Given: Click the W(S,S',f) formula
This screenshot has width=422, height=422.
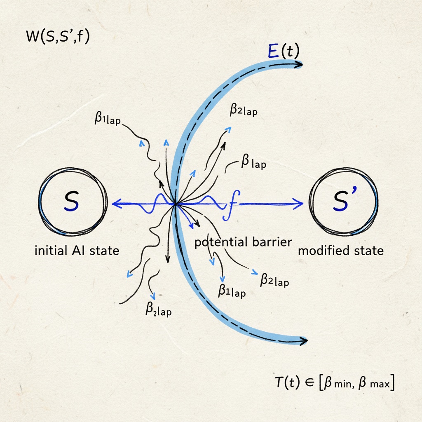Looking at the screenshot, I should click(x=58, y=37).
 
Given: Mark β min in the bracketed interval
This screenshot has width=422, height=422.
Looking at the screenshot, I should click(x=337, y=384).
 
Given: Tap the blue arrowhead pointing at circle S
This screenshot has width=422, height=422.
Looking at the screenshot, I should click(x=116, y=203).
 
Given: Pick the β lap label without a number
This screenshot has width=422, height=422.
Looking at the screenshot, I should click(x=252, y=163).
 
